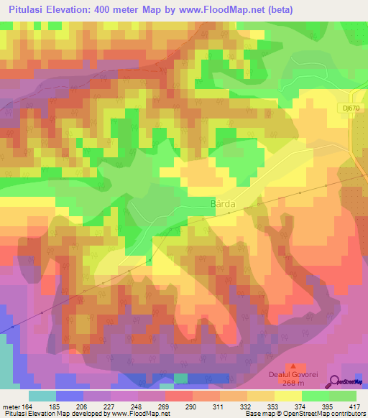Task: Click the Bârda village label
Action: [221, 204]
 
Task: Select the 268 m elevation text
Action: [297, 392]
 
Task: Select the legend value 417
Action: [356, 406]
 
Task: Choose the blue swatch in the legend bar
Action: [70, 396]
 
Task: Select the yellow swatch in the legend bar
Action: [289, 396]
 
